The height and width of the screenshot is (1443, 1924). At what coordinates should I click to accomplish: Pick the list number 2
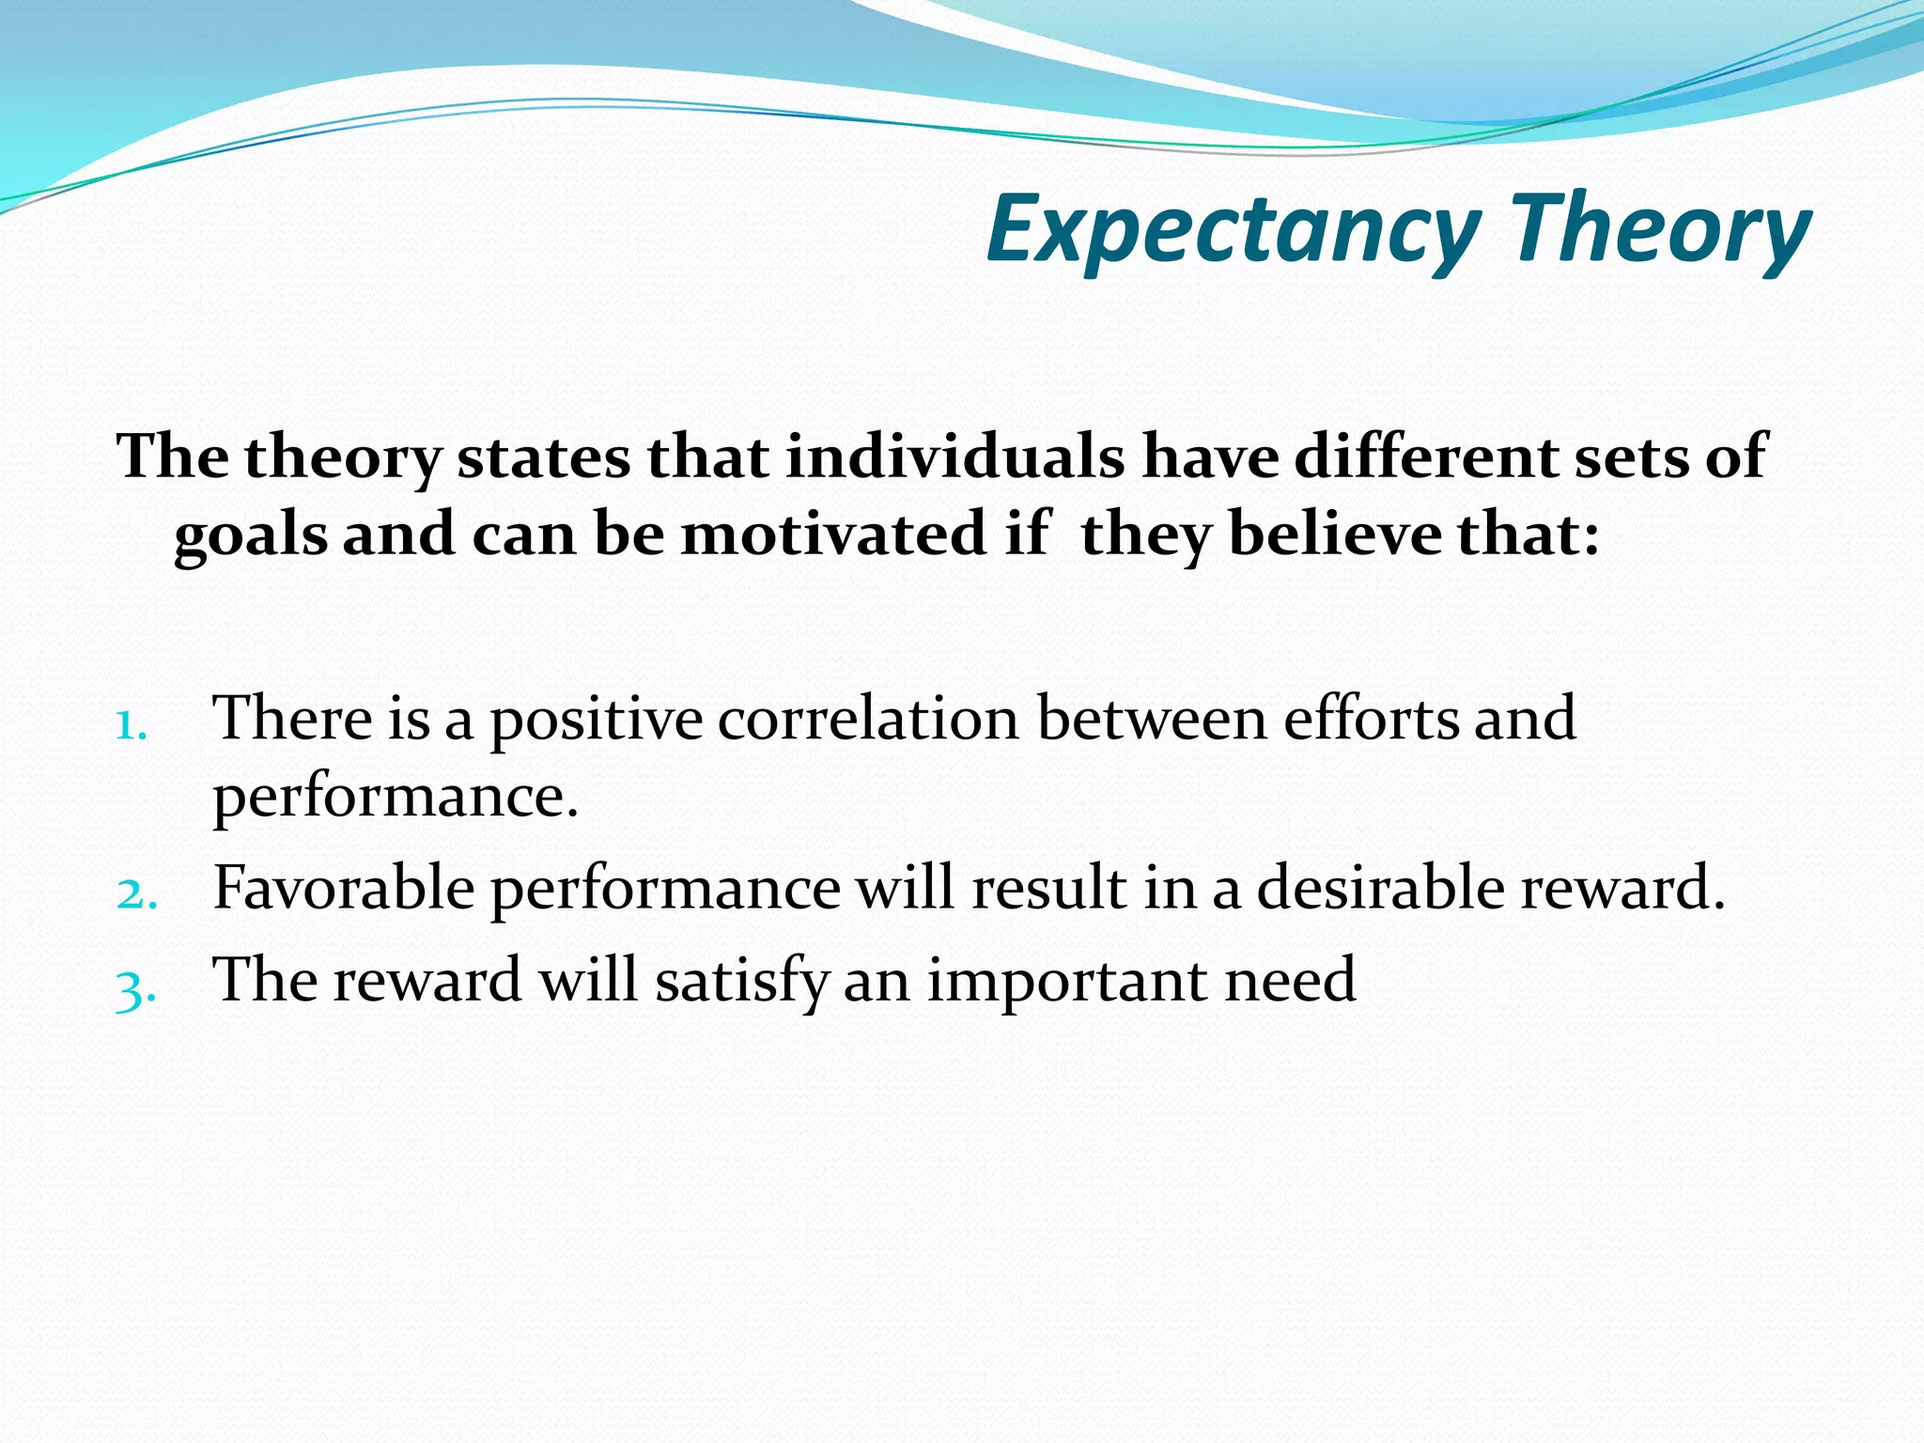pyautogui.click(x=137, y=892)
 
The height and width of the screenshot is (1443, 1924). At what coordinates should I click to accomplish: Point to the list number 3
pyautogui.click(x=135, y=988)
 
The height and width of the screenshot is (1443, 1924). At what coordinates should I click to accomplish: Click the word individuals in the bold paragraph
pyautogui.click(x=954, y=457)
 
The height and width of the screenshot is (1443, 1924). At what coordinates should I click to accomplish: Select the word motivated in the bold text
pyautogui.click(x=832, y=535)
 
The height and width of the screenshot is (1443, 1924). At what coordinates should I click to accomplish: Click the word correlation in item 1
pyautogui.click(x=868, y=719)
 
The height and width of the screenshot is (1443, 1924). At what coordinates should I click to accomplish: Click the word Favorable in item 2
pyautogui.click(x=344, y=887)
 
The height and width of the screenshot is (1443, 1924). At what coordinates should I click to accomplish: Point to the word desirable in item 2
pyautogui.click(x=1380, y=887)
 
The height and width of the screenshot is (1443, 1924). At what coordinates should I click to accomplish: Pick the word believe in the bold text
pyautogui.click(x=1335, y=535)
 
